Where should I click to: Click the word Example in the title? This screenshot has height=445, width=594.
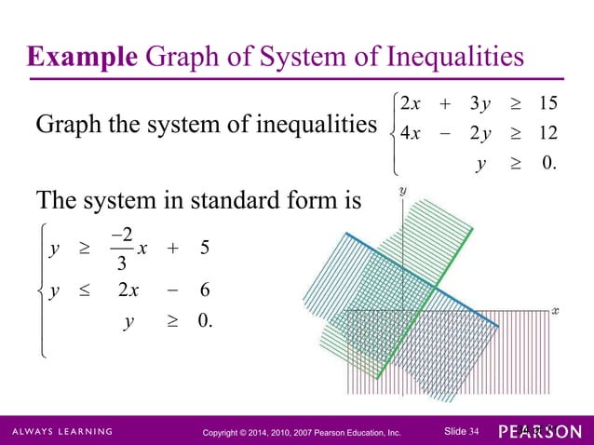80,58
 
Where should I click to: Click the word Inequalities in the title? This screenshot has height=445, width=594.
445,58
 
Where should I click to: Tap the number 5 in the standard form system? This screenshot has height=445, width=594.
204,249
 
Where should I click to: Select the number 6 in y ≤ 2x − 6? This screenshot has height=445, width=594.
204,290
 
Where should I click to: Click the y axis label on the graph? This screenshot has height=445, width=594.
402,190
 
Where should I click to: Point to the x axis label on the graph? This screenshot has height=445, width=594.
555,307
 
